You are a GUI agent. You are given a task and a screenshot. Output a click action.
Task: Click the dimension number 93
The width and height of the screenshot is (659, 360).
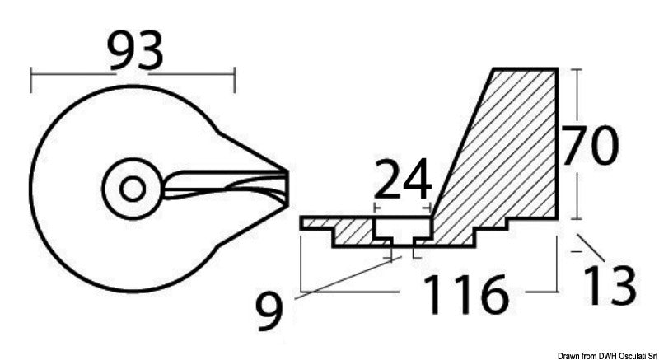pos(135,51)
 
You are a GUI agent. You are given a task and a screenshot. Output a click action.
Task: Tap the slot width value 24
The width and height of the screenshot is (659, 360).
pos(403,177)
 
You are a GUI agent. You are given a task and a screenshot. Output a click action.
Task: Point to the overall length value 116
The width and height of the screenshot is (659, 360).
pos(466,294)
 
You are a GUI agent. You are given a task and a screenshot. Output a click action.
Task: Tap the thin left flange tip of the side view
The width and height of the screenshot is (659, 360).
pos(306,222)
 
